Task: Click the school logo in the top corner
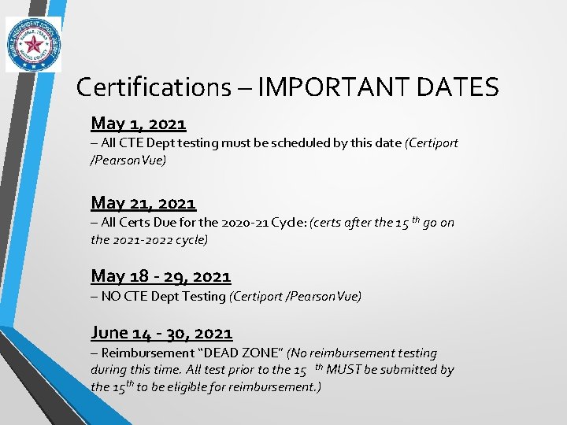(33, 44)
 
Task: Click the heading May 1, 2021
(139, 124)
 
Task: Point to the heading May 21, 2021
(143, 204)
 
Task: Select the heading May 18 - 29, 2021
(161, 276)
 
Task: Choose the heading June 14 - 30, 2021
(161, 333)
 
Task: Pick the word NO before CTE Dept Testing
(112, 296)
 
